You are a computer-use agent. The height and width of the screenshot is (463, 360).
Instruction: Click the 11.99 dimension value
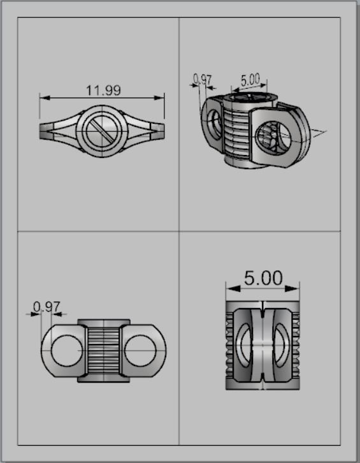tap(103, 90)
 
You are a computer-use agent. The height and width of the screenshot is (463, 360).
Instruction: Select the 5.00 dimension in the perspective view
tap(250, 80)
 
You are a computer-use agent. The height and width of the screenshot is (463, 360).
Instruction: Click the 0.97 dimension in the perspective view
tap(202, 80)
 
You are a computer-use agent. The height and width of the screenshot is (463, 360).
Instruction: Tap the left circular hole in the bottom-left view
tap(66, 349)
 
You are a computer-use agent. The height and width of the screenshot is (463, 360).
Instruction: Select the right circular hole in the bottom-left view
tap(140, 349)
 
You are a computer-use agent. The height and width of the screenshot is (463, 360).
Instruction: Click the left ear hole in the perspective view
tap(215, 124)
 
